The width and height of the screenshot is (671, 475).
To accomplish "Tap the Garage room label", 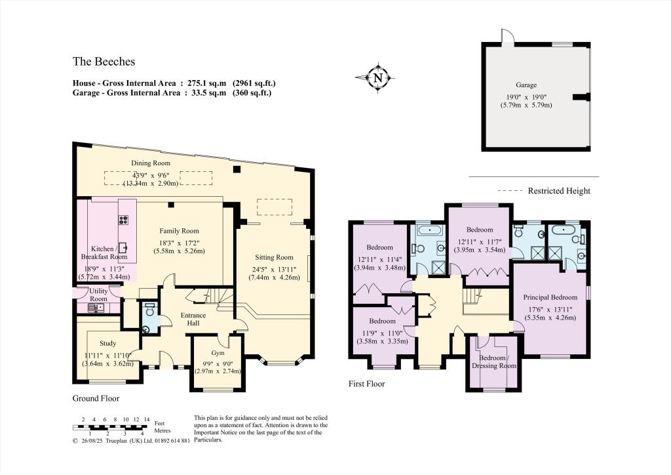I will coord(526,85).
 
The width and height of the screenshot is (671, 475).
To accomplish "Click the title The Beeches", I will coord(104,62).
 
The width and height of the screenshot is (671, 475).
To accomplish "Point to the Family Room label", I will coord(179,231).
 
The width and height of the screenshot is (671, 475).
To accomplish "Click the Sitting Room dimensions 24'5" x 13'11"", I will coord(274,268).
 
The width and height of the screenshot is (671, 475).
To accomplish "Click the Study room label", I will coord(107,343).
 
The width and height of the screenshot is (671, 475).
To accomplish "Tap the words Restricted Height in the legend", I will coord(559,191).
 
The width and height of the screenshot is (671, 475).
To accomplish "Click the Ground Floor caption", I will coord(96,398).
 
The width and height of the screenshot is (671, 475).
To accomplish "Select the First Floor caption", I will coord(366,384).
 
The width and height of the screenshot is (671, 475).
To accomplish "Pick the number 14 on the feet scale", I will coord(147,419).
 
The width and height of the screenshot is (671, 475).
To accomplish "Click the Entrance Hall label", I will coord(193,320).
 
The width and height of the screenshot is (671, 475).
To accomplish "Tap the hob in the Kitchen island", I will coord(123,220).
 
